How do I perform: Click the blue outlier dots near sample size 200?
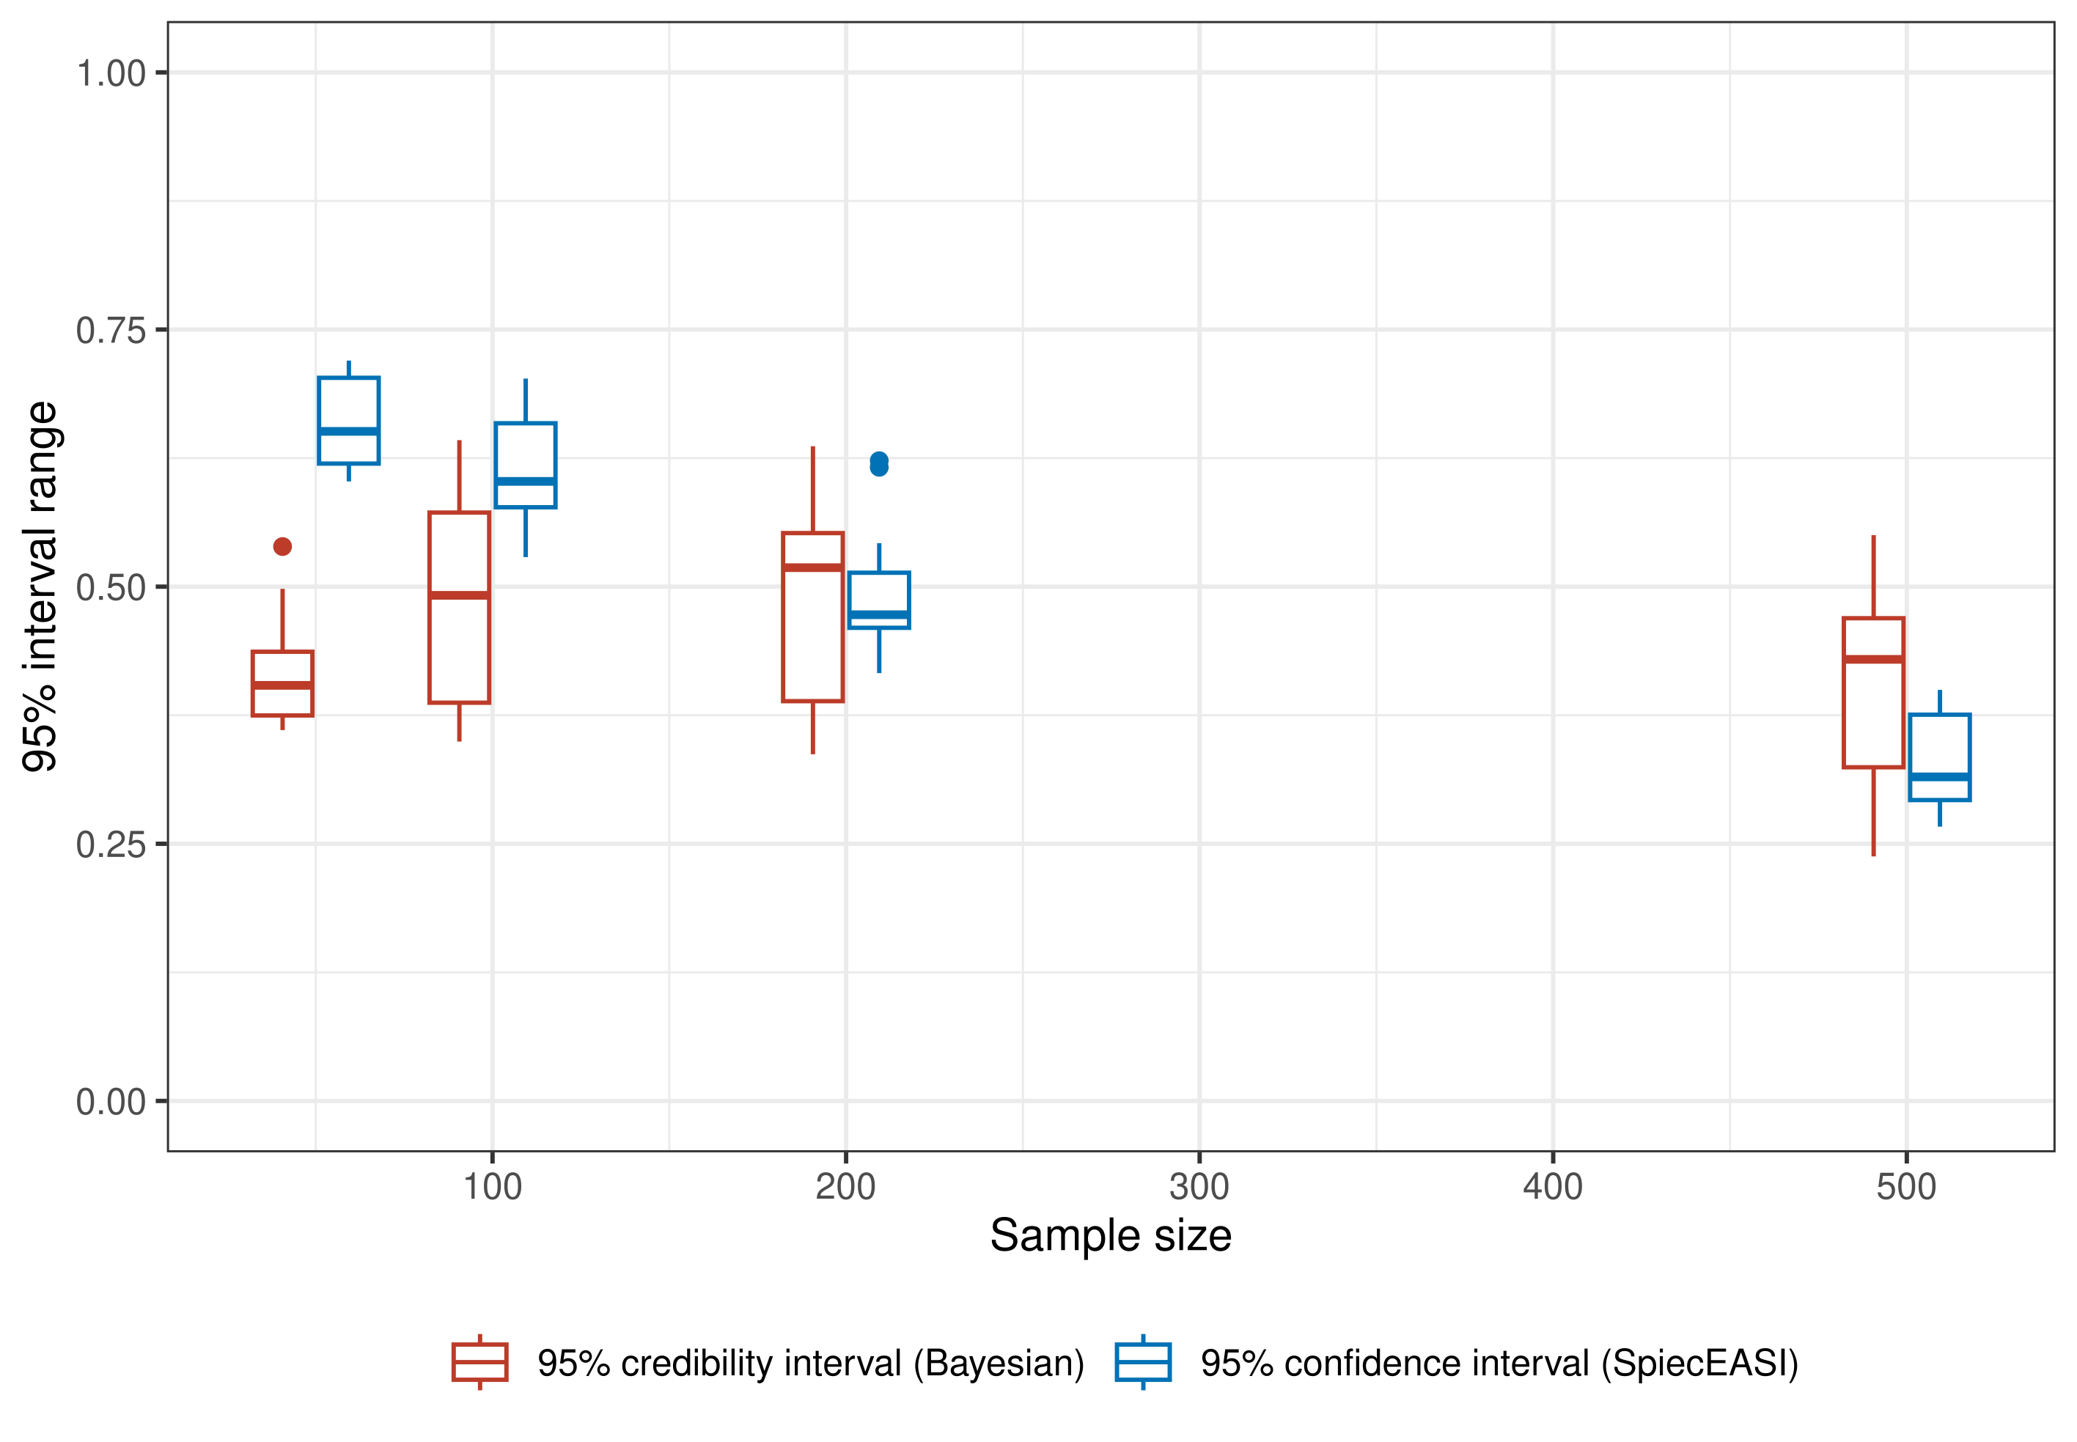878,463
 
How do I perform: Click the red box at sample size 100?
459,607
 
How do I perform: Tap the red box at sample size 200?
812,617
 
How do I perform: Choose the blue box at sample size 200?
878,600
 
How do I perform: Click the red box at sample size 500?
1873,692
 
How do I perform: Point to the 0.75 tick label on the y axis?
110,331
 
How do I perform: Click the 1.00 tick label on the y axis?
110,73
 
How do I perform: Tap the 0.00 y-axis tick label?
110,1103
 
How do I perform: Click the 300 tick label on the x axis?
1198,1187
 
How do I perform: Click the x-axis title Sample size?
1109,1235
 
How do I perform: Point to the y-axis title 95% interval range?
40,586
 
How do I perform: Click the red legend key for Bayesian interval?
479,1361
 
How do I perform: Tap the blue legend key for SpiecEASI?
1142,1361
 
